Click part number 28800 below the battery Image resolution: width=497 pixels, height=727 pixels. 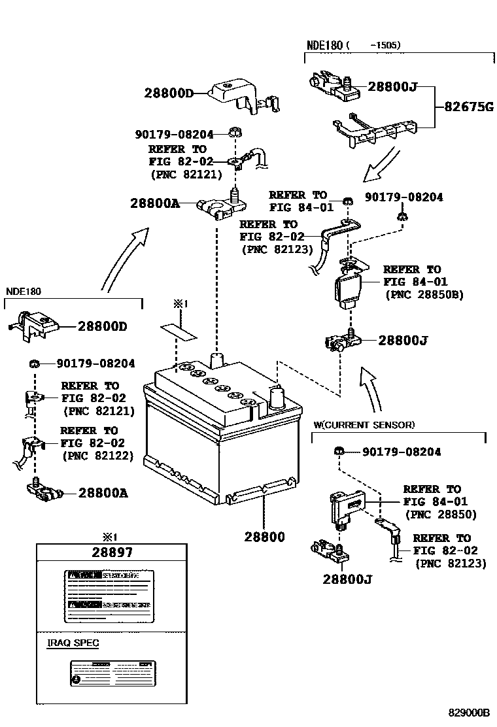[265, 537]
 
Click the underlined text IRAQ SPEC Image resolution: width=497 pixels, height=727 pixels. [73, 643]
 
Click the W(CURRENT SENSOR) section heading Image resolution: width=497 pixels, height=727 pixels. [364, 425]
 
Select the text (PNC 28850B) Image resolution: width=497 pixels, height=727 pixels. [424, 295]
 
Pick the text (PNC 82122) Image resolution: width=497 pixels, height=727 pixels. [98, 456]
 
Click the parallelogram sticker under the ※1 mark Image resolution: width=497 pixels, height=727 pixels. [179, 330]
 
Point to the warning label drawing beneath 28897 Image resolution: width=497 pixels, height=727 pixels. [108, 596]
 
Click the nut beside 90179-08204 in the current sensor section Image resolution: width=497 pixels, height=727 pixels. [338, 451]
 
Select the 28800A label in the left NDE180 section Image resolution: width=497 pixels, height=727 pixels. [103, 493]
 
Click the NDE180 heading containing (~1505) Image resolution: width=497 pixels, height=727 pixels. [354, 45]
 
